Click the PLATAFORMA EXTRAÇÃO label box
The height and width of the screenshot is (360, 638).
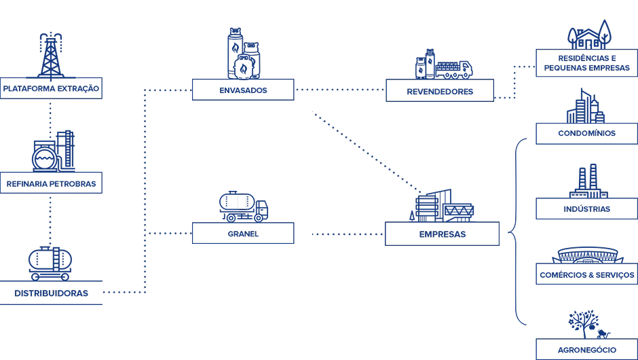click(x=51, y=88)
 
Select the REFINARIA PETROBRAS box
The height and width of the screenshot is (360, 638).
click(x=51, y=183)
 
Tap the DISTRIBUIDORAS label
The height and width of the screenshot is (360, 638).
click(x=51, y=293)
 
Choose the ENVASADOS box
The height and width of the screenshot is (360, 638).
click(x=243, y=90)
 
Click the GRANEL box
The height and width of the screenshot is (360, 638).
click(x=243, y=234)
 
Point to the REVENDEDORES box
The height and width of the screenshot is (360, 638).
click(x=440, y=90)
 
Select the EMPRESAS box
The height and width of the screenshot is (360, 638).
click(x=442, y=234)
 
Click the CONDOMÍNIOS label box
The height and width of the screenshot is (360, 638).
click(x=586, y=134)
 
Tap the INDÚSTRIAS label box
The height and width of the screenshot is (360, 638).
click(x=586, y=209)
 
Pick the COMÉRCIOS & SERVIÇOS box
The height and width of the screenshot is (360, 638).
click(x=586, y=274)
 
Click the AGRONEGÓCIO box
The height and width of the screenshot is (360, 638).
click(x=586, y=349)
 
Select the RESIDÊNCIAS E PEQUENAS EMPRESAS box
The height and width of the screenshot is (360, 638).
click(x=586, y=63)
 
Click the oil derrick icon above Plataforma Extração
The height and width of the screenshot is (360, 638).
click(x=51, y=56)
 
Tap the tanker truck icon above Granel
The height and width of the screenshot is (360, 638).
click(x=243, y=206)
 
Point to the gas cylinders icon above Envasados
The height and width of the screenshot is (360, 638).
click(x=244, y=54)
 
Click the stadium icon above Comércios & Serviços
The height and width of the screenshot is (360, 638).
click(x=587, y=255)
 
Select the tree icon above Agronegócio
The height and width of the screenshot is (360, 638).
click(x=584, y=324)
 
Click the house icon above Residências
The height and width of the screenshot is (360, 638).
click(x=590, y=35)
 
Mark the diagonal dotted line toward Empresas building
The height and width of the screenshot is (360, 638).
click(x=367, y=151)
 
